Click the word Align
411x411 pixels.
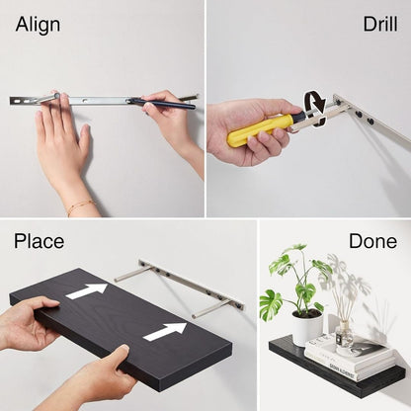click(x=38, y=24)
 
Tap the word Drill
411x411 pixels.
click(x=379, y=24)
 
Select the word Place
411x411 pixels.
click(x=39, y=241)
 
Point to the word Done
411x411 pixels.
click(x=372, y=241)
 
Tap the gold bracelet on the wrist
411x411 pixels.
click(x=80, y=206)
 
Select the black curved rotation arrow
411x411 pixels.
click(x=314, y=105)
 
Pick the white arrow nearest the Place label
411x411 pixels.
click(x=86, y=290)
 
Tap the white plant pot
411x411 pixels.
click(x=307, y=326)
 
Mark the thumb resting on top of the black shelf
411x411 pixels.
click(x=116, y=353)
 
